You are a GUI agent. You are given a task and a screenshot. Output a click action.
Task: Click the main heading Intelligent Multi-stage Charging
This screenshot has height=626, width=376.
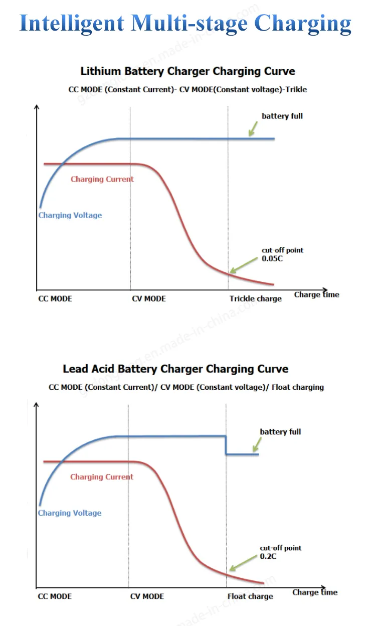pos(185,23)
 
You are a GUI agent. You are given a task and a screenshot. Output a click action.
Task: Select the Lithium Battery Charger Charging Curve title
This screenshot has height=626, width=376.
pos(187,71)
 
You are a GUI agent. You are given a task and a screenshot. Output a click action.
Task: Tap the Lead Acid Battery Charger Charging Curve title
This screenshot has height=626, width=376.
pos(175,369)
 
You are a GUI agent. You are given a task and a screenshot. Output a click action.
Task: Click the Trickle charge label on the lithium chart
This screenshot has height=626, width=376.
pos(256,299)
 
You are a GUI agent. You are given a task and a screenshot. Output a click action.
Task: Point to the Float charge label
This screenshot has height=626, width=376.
pos(250,596)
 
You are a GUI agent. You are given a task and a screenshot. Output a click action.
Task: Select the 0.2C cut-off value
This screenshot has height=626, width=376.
pos(268,557)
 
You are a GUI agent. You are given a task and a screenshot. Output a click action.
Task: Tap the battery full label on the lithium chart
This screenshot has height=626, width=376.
pos(282,116)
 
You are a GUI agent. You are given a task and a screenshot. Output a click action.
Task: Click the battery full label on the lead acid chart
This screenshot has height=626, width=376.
pos(280,432)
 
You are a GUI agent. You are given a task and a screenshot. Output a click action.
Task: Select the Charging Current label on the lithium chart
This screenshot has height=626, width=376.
pos(102,179)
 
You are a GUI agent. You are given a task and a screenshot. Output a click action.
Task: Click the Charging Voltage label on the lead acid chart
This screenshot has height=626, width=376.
pos(70,513)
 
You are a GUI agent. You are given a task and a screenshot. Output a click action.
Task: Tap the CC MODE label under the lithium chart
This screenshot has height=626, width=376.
pos(55,299)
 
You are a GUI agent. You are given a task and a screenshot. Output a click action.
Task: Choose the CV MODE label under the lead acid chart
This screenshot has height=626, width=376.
pos(147,596)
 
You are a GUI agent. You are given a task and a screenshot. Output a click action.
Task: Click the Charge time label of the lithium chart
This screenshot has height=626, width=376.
pos(316,294)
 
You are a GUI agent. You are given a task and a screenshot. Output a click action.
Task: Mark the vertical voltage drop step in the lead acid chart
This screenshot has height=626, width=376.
pos(226,445)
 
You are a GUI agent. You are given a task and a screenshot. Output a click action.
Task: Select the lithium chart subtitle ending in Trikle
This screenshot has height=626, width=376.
pos(187,89)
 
